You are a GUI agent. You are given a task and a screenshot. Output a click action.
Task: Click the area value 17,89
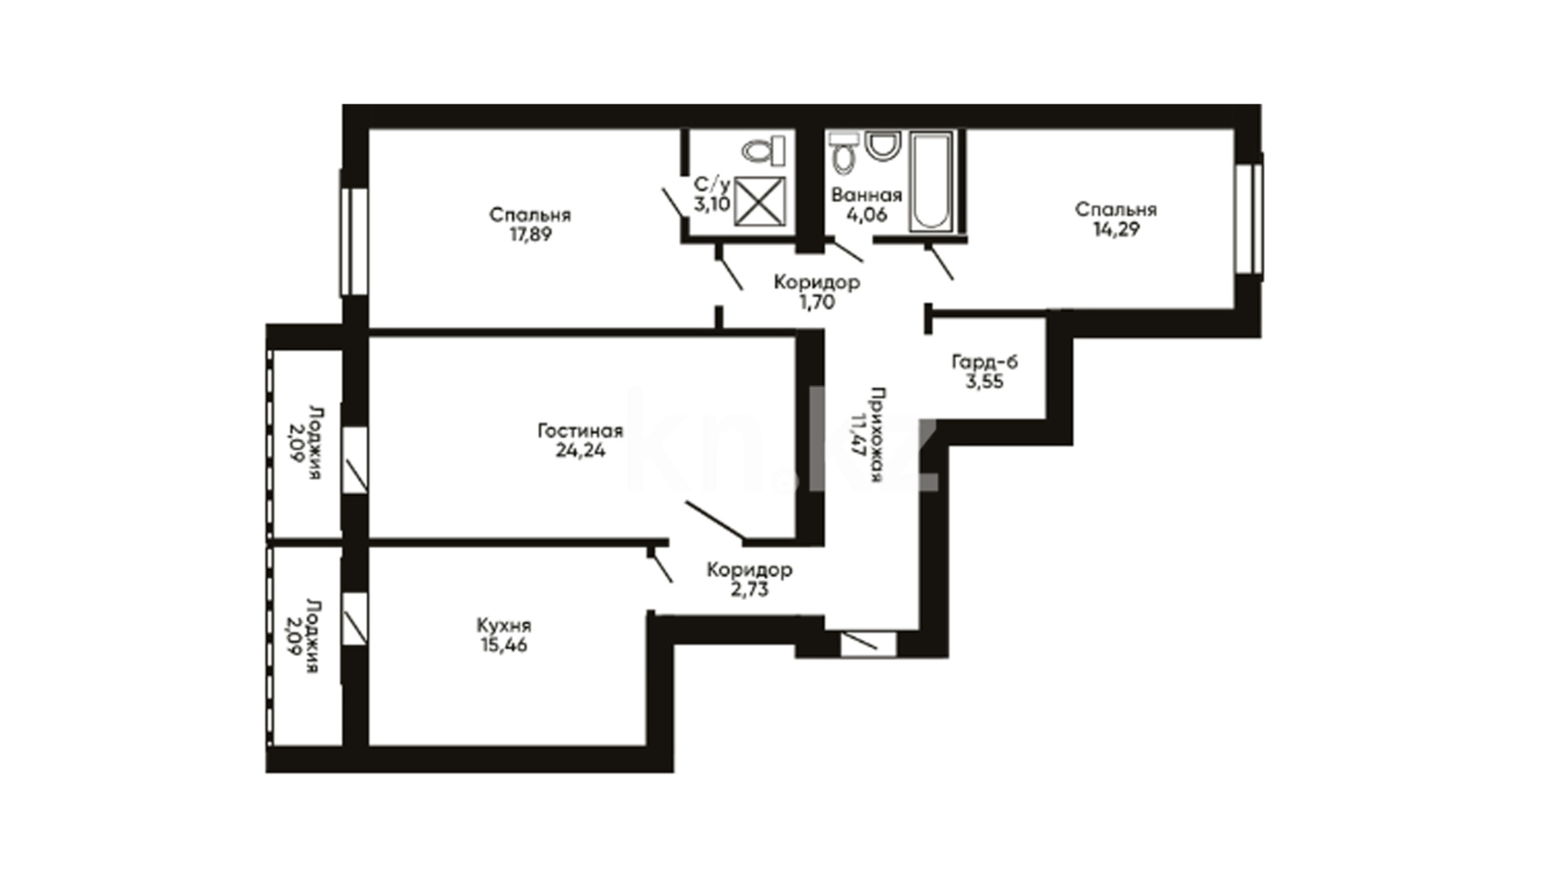click(530, 235)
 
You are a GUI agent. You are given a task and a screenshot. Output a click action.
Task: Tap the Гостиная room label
click(580, 431)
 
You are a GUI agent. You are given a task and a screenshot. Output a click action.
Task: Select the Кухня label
click(504, 626)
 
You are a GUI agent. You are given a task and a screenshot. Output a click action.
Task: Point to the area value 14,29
click(1117, 229)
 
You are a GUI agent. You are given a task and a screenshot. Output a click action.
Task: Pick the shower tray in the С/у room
click(759, 201)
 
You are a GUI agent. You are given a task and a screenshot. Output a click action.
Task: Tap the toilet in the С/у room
click(763, 151)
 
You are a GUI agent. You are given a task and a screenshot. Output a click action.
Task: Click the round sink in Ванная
click(881, 146)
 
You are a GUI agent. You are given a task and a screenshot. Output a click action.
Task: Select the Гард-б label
click(984, 361)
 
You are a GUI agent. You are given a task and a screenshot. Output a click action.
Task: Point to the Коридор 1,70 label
click(816, 292)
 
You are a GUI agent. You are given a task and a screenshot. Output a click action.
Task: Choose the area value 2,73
click(750, 589)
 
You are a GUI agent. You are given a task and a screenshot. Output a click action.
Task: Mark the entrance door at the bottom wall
click(869, 643)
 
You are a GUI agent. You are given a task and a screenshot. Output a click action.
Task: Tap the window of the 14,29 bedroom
click(1248, 219)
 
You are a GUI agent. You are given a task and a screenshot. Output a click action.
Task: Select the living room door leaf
click(714, 521)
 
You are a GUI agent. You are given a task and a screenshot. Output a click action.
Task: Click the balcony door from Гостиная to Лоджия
click(355, 460)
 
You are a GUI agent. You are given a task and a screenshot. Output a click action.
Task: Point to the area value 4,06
click(866, 215)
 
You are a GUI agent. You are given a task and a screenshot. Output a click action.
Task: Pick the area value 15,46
click(504, 645)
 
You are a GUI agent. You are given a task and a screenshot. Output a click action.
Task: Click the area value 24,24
click(580, 450)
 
